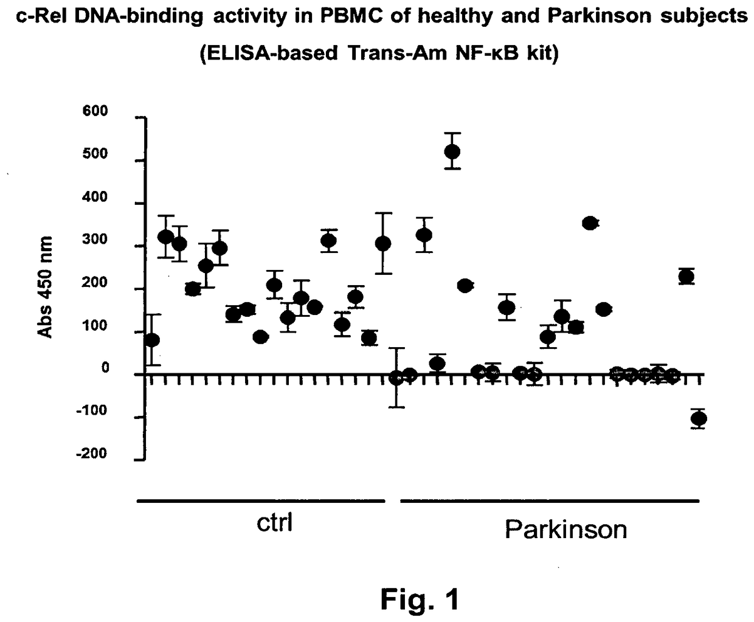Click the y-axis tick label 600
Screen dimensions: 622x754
[x=95, y=111]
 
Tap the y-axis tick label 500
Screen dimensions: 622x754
[x=95, y=154]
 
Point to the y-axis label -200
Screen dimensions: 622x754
[x=92, y=454]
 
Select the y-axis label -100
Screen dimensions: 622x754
[x=92, y=411]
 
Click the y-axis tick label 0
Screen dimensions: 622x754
[x=105, y=368]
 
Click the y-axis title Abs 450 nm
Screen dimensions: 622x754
[x=46, y=288]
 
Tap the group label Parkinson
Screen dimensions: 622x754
[x=565, y=530]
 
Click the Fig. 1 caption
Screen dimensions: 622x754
[x=420, y=600]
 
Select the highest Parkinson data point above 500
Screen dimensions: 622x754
[x=452, y=151]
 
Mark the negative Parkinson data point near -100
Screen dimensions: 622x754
[x=699, y=418]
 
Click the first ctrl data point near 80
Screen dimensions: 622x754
[x=152, y=339]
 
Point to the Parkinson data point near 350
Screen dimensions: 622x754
[x=589, y=223]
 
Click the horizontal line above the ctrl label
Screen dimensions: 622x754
[x=261, y=501]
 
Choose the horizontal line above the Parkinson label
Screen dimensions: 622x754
[x=550, y=501]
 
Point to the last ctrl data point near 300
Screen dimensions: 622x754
[x=383, y=244]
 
